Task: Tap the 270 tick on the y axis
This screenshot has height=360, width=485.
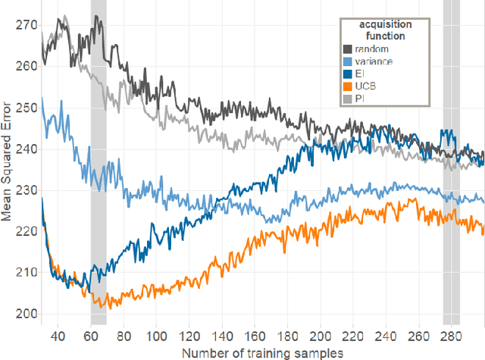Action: coord(27,24)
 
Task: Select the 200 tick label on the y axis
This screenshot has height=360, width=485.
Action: coord(27,314)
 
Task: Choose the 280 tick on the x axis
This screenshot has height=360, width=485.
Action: coord(451,335)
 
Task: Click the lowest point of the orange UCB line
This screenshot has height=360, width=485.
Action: coord(110,308)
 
